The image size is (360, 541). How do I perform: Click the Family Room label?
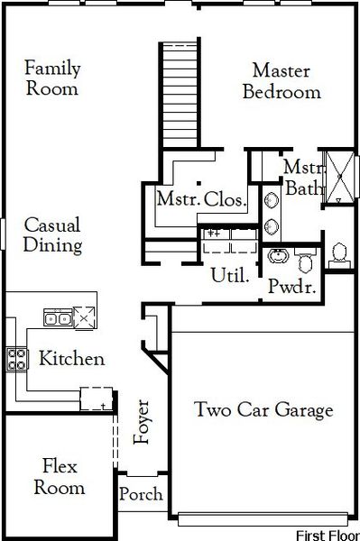51,78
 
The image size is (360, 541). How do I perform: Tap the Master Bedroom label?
286,80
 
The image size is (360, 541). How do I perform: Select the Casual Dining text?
52,234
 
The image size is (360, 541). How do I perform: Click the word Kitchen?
71,359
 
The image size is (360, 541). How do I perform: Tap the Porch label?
142,494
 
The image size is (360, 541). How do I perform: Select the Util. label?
230,275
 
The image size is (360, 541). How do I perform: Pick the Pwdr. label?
290,288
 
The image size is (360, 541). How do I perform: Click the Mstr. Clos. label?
201,200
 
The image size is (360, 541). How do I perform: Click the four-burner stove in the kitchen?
18,359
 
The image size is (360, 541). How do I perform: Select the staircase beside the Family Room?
181,95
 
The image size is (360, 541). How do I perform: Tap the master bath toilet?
340,252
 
